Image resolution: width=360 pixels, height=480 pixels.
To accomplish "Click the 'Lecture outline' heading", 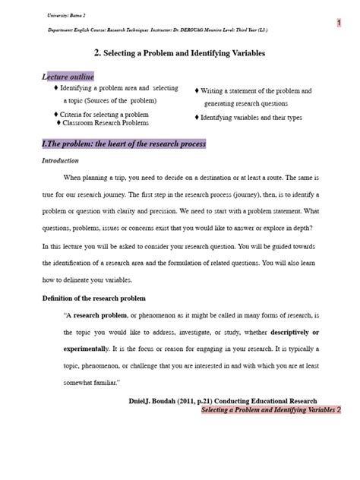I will [68, 77].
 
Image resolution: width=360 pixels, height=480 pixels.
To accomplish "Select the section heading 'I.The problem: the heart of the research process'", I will [124, 143].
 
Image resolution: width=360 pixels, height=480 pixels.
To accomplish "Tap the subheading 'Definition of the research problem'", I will [93, 298].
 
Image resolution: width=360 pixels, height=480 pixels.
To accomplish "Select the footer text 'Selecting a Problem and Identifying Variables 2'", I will [271, 409].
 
